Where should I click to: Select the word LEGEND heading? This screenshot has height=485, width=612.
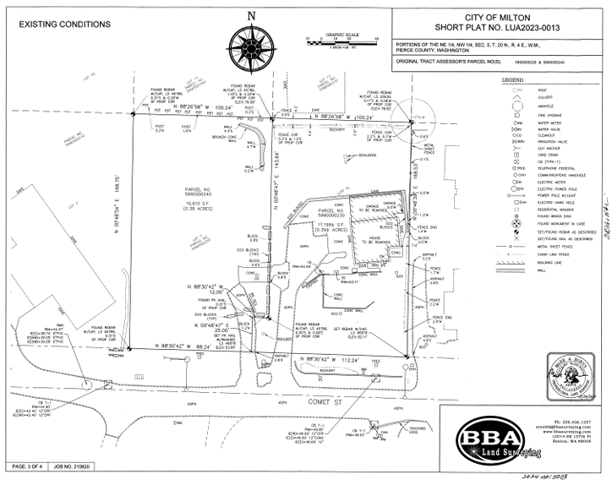tap(512, 79)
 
